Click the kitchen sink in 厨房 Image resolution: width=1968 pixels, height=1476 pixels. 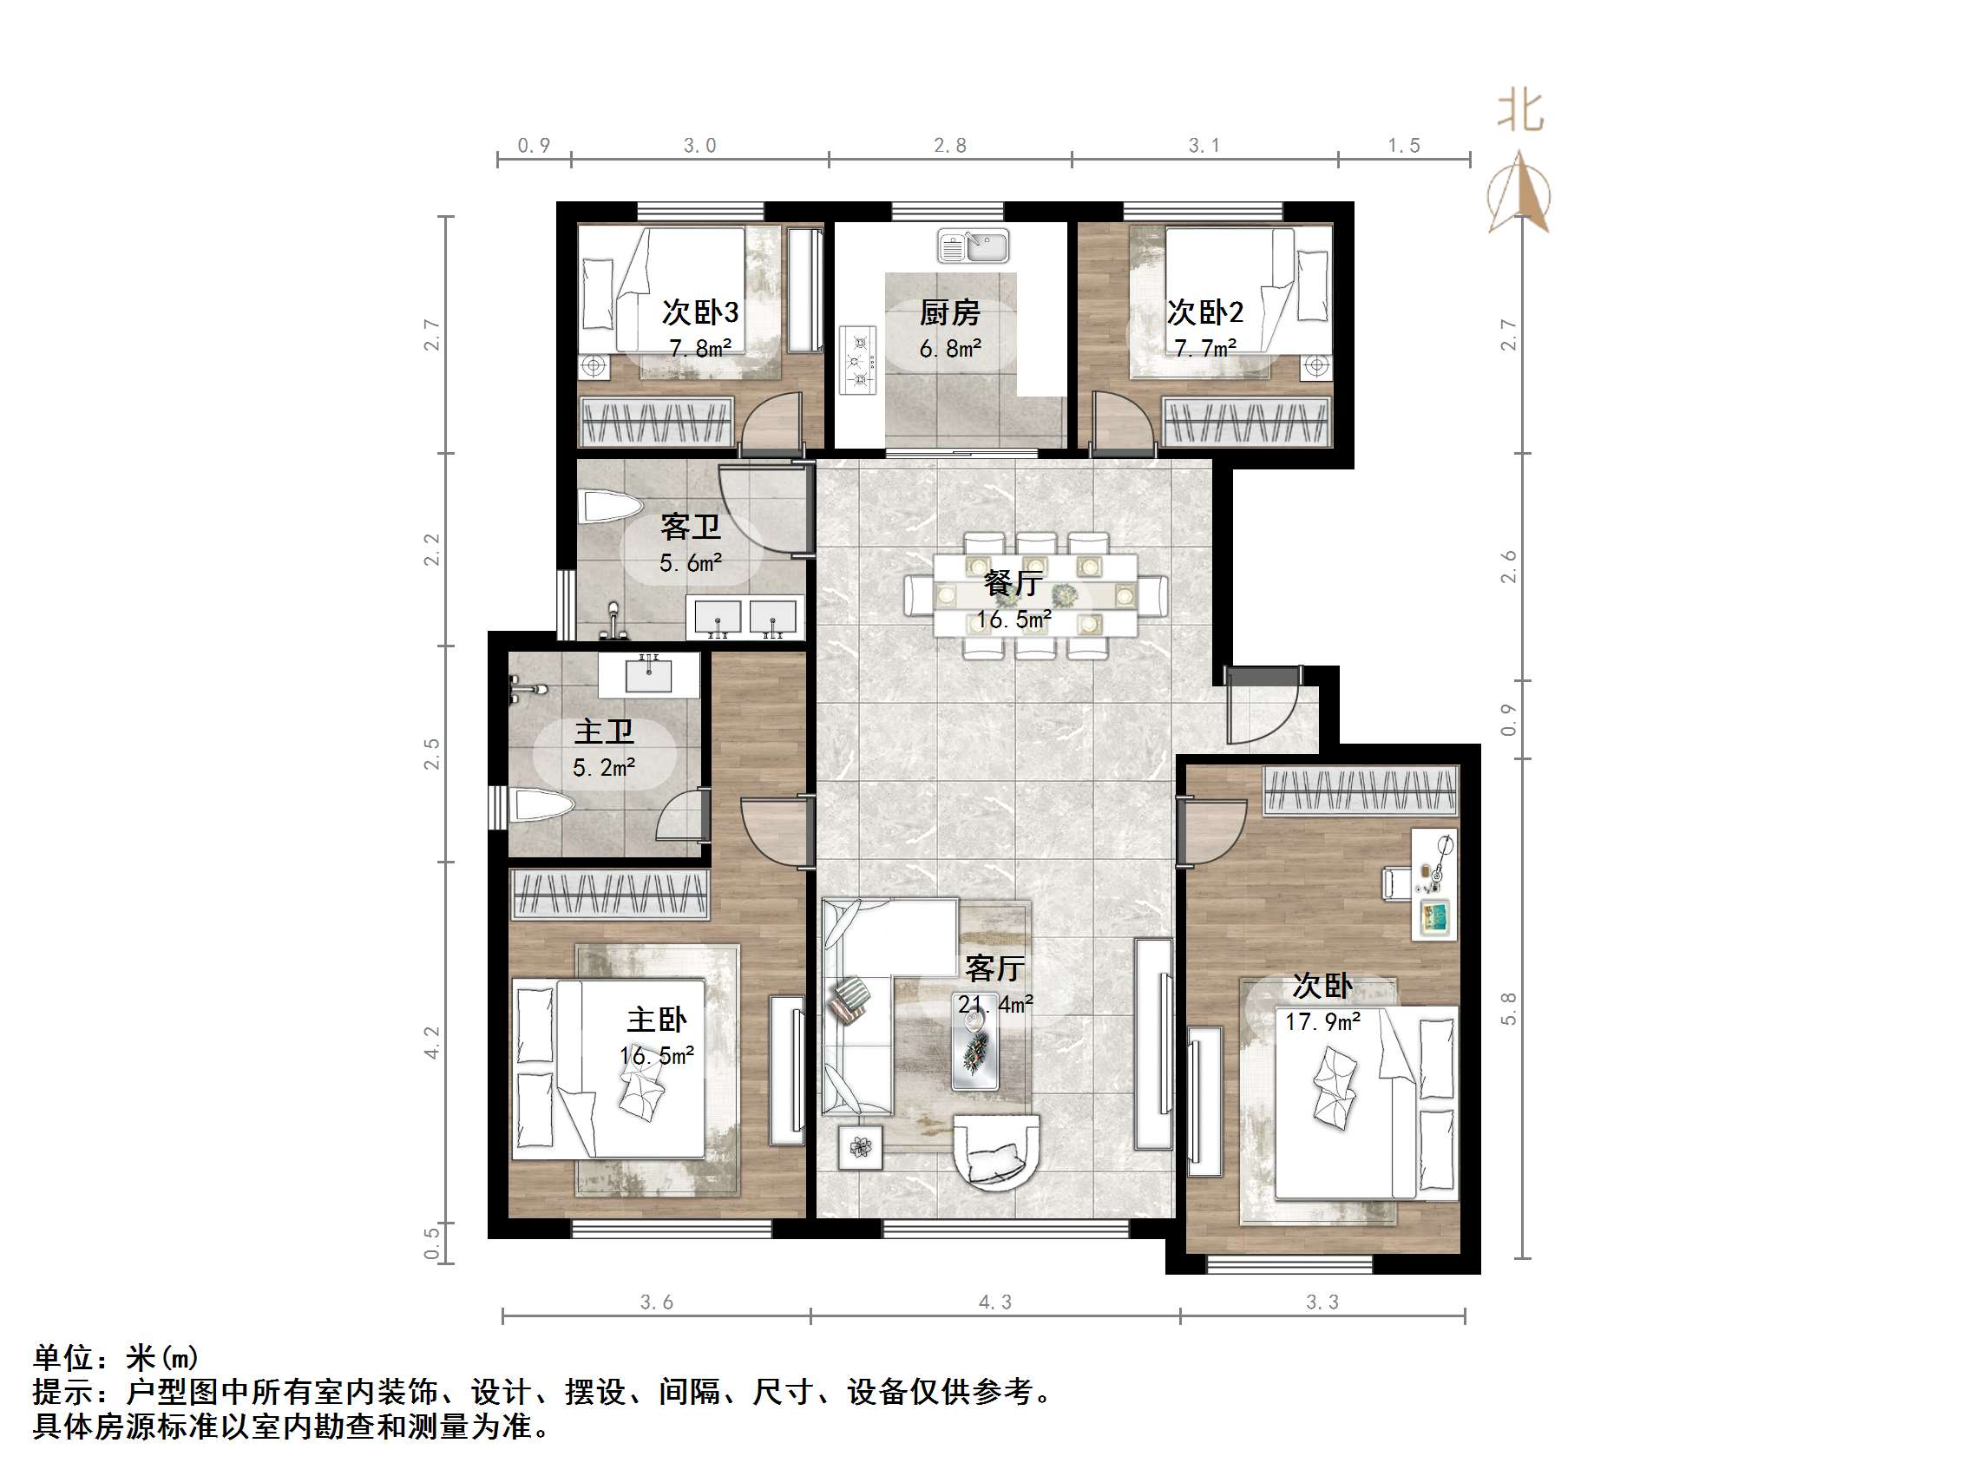point(973,246)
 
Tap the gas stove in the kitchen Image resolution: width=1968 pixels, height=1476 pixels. point(858,360)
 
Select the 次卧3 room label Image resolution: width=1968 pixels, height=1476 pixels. point(699,312)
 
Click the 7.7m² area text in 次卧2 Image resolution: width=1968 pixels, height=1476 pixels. point(1204,349)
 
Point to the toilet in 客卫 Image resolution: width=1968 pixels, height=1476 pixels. point(610,508)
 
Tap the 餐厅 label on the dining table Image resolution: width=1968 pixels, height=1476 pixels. point(1013,583)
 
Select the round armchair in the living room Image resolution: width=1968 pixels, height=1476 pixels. point(995,1151)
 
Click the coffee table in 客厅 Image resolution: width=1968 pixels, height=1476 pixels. point(975,1053)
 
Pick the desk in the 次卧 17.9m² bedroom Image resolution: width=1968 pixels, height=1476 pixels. point(1434,883)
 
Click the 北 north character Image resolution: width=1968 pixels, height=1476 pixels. point(1519,113)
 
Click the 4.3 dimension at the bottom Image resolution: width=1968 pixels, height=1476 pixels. point(994,1302)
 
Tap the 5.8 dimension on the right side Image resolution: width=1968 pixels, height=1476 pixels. point(1508,1009)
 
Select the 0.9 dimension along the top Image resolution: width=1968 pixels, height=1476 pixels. point(534,145)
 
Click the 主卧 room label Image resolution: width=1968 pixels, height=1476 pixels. point(657,1020)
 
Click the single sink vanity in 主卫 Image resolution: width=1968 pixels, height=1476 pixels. point(648,675)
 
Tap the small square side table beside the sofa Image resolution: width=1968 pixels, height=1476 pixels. point(860,1147)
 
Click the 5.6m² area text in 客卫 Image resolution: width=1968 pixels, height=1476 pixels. point(691,563)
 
